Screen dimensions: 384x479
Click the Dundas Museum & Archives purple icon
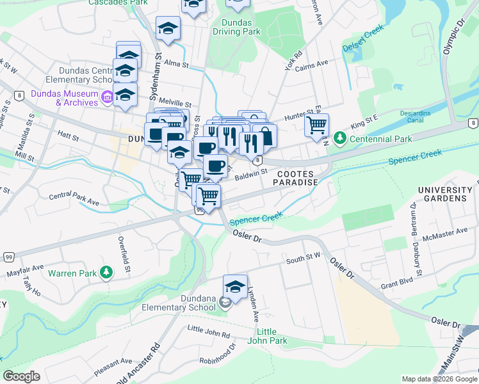(x=107, y=97)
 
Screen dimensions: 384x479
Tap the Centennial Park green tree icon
(x=339, y=138)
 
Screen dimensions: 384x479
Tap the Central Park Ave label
(x=74, y=199)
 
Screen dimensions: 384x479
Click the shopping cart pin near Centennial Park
(x=316, y=125)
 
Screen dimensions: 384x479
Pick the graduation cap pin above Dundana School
(x=235, y=287)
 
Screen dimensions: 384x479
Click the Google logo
(x=22, y=376)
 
